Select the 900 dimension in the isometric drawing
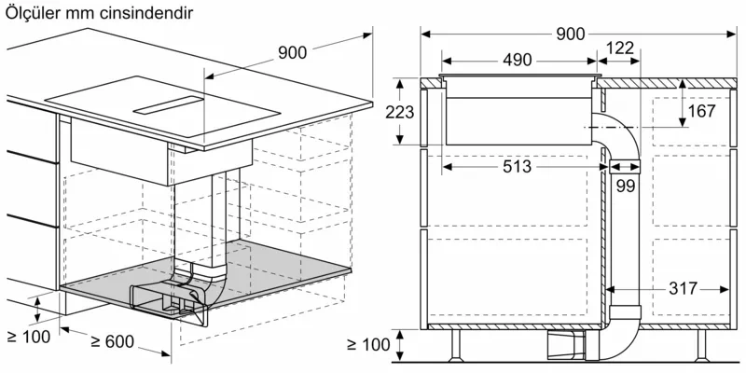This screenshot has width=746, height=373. click(292, 52)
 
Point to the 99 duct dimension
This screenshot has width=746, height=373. click(626, 187)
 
